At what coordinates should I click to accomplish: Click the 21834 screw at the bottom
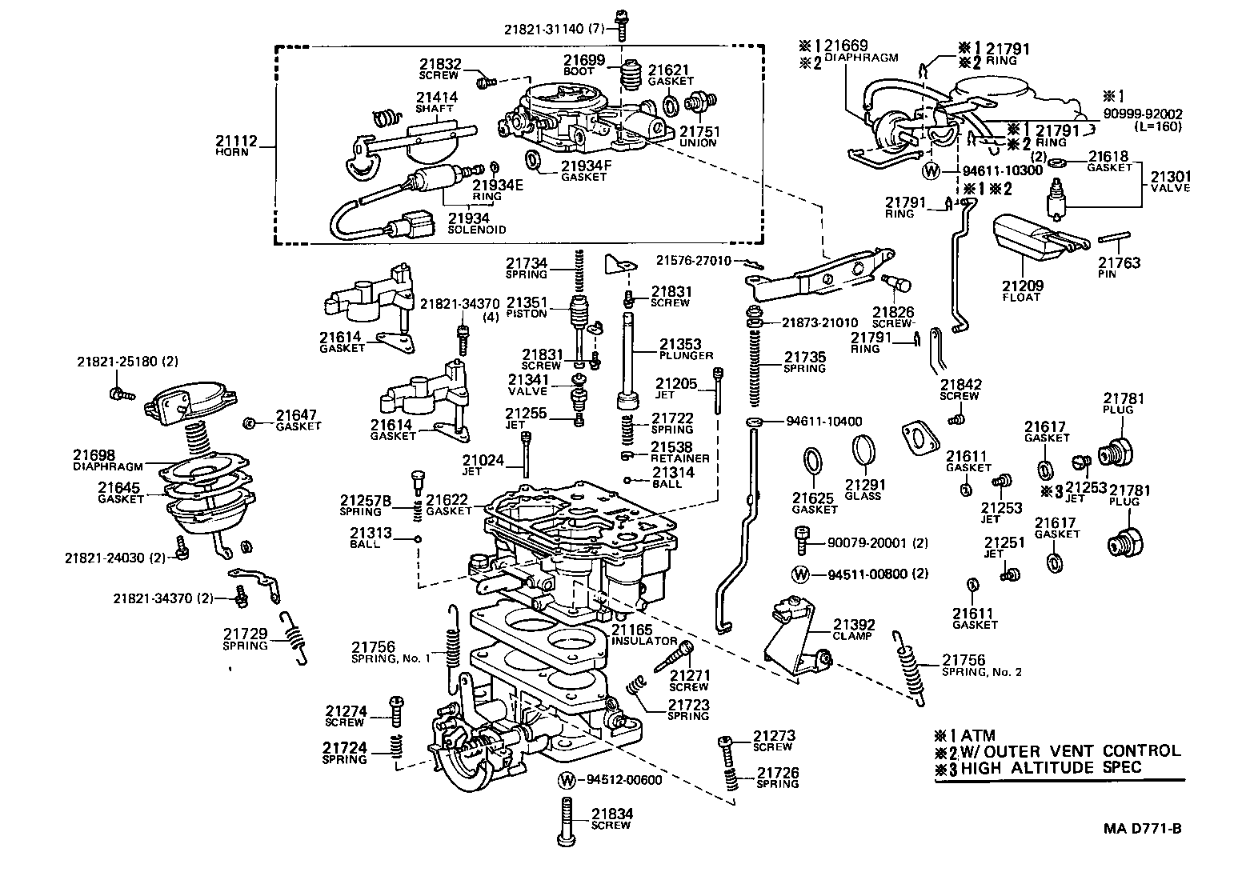pyautogui.click(x=567, y=821)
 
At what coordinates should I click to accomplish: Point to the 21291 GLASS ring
pyautogui.click(x=862, y=450)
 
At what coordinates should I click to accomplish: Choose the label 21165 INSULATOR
pyautogui.click(x=645, y=636)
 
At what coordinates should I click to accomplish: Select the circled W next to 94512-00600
pyautogui.click(x=567, y=780)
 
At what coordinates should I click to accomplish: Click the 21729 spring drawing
pyautogui.click(x=294, y=637)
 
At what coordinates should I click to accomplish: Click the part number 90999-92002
pyautogui.click(x=1142, y=114)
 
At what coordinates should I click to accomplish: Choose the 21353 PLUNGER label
pyautogui.click(x=680, y=350)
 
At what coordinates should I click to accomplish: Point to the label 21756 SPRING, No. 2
pyautogui.click(x=981, y=665)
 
